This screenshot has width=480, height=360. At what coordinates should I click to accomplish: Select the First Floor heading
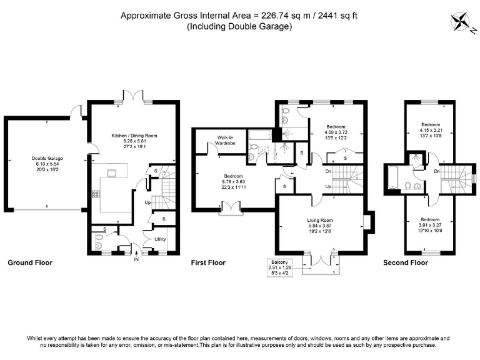pos(208,263)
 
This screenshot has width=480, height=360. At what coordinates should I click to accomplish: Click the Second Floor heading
pos(406,263)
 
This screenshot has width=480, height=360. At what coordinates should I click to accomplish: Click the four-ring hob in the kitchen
pos(97,194)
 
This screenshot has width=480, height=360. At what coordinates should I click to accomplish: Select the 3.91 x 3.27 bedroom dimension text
pos(429,225)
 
